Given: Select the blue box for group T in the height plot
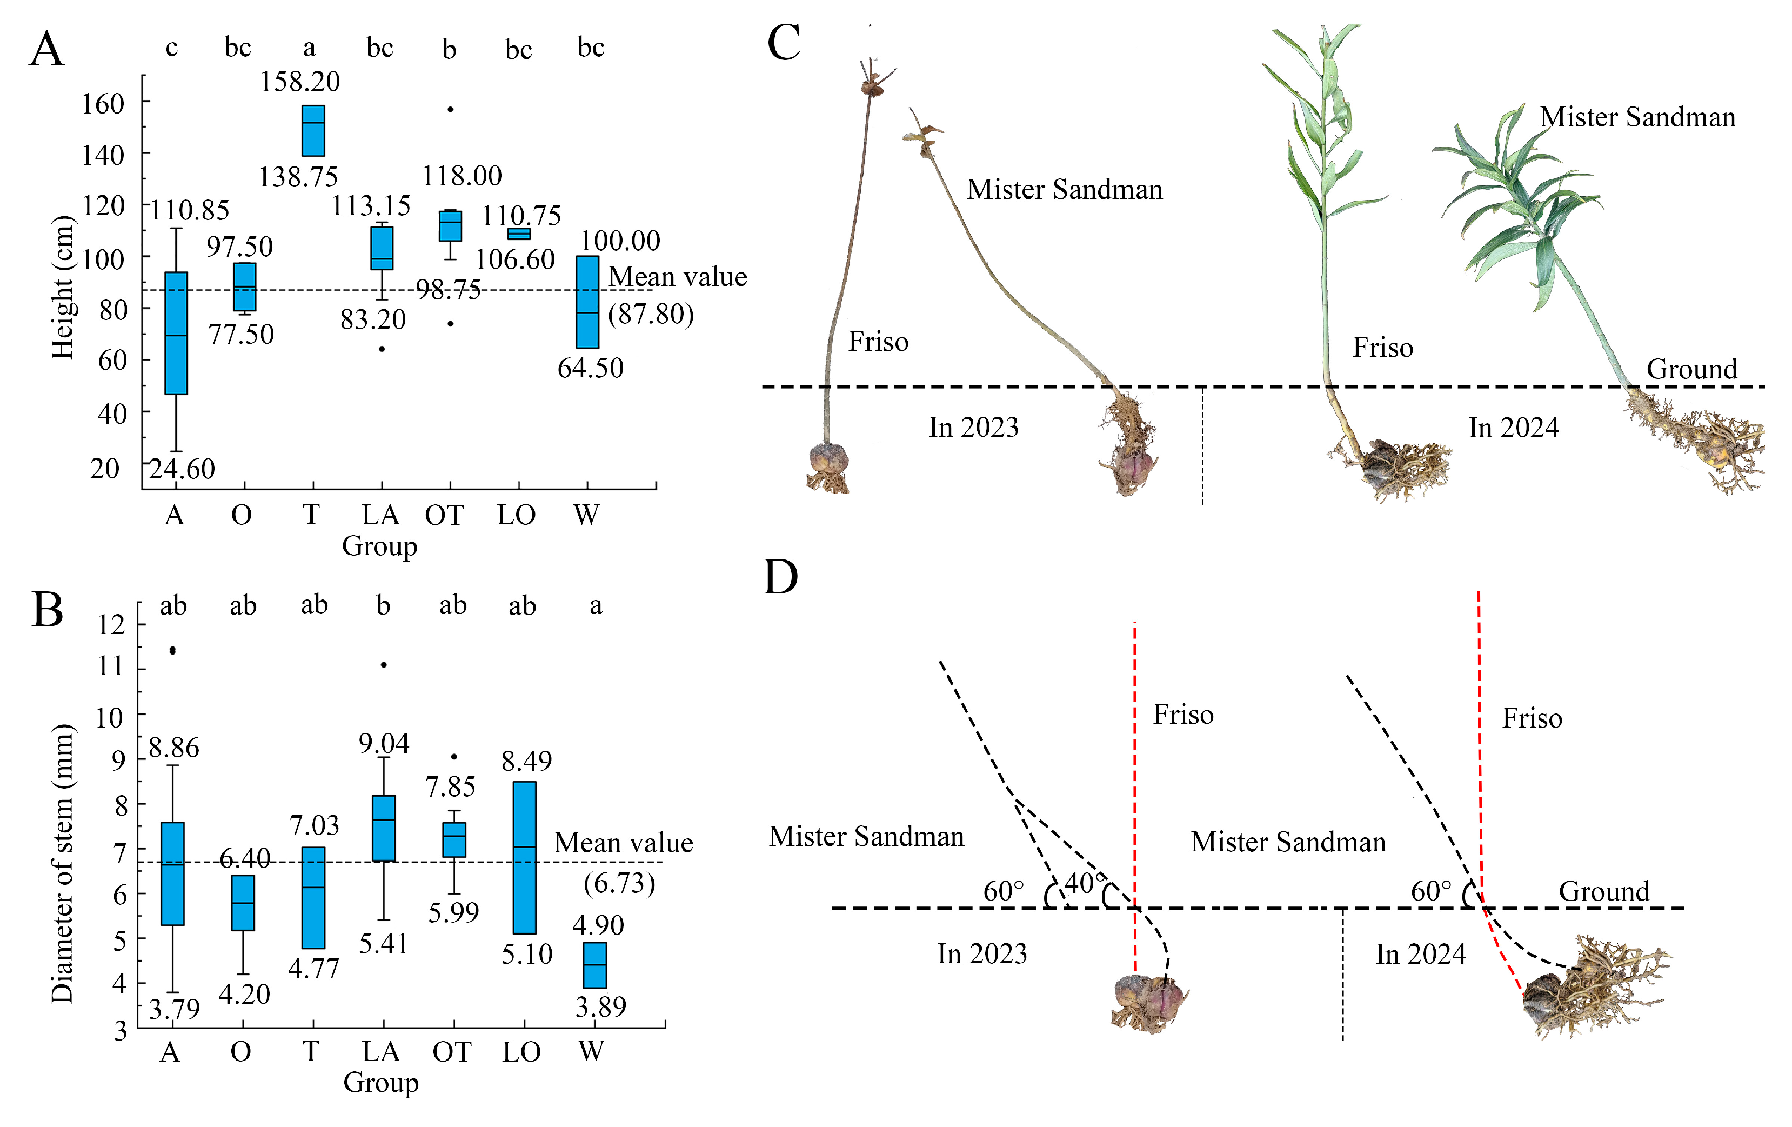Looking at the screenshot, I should click(x=312, y=130).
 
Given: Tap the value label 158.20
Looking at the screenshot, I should click(x=299, y=81).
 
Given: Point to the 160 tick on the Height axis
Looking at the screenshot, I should click(x=103, y=103).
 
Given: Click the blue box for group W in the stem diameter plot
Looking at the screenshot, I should click(x=594, y=965).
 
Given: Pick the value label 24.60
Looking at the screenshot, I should click(x=182, y=469).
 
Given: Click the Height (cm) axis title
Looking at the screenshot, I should click(x=63, y=286).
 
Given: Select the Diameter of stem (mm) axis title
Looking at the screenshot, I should click(x=63, y=863).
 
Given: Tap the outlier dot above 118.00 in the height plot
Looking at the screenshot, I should click(x=450, y=109).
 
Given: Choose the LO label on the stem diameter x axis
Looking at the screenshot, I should click(x=521, y=1051).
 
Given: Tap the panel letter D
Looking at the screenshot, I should click(x=781, y=577).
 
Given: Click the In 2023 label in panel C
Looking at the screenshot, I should click(x=973, y=427).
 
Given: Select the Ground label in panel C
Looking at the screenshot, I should click(x=1691, y=369).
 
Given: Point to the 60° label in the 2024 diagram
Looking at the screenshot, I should click(x=1430, y=891).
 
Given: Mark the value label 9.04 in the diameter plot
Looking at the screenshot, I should click(x=383, y=743).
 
